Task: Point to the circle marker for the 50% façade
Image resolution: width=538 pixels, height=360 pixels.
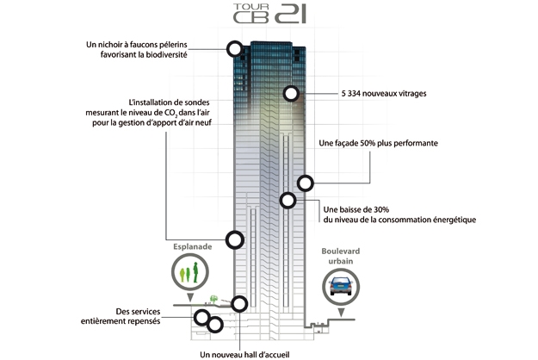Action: pyautogui.click(x=305, y=182)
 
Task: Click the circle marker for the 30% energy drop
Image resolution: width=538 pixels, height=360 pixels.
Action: pyautogui.click(x=288, y=201)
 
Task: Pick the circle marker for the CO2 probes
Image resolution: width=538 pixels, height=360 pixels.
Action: pyautogui.click(x=233, y=239)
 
